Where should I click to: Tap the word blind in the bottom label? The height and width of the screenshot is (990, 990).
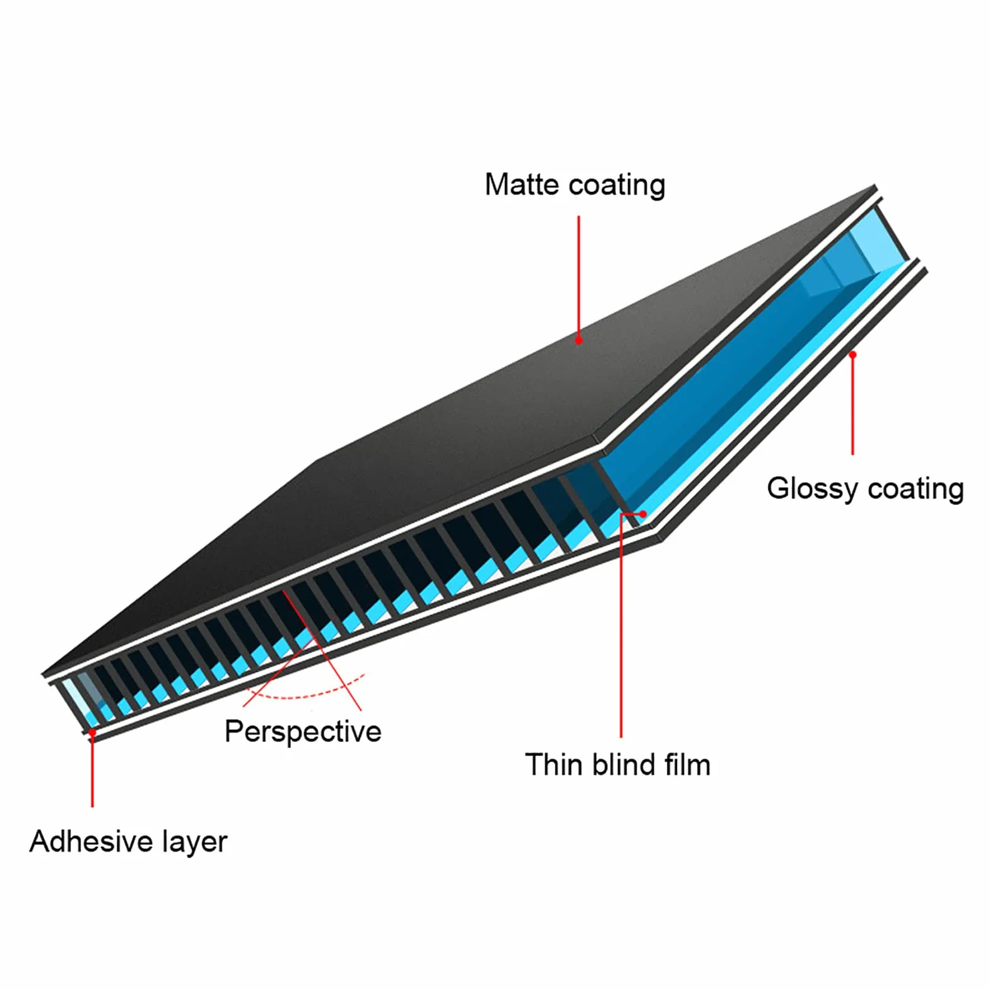[624, 765]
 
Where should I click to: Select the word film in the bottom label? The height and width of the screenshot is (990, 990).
[688, 765]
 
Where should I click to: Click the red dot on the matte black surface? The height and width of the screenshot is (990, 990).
[579, 340]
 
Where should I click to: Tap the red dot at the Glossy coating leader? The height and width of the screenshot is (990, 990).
[852, 355]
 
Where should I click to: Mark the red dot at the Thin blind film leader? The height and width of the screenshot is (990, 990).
[642, 514]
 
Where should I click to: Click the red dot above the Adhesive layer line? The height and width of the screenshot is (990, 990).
[92, 733]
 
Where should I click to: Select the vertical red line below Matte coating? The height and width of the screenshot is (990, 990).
[579, 278]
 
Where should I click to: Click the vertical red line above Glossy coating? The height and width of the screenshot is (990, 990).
[852, 404]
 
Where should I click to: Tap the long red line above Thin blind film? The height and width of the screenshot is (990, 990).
[621, 625]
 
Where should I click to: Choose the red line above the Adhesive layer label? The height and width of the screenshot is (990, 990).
[92, 770]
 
